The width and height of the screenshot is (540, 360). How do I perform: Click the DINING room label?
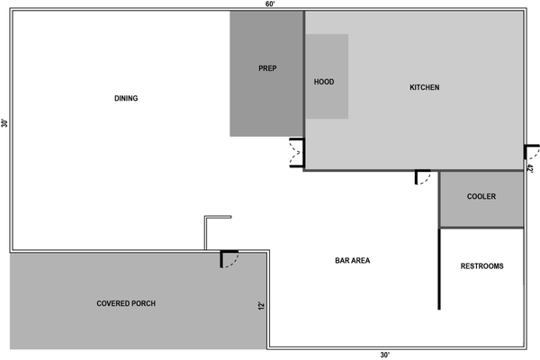point(126,98)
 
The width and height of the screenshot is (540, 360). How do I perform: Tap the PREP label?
point(267,68)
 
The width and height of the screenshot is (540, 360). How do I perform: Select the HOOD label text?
point(324,82)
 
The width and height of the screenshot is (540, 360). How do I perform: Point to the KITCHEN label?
point(424,87)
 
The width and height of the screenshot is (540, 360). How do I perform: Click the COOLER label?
point(481,196)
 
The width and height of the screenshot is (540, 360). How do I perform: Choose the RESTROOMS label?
point(482,266)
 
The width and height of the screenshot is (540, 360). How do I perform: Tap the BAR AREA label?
point(353,260)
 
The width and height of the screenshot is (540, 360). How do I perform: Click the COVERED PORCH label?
point(126,303)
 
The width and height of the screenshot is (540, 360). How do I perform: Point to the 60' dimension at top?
point(270,4)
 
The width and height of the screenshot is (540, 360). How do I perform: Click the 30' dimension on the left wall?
point(4,123)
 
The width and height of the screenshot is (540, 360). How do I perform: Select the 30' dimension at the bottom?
point(385,355)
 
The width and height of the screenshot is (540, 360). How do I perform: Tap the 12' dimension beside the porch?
point(261,306)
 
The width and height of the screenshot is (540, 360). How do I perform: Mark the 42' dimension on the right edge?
point(530,169)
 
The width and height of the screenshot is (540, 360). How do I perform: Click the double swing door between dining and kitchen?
point(297,153)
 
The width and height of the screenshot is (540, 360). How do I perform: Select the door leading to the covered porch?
point(229,258)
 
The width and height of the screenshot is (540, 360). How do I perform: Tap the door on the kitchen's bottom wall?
point(422,177)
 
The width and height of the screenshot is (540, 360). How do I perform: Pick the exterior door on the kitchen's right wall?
point(531,152)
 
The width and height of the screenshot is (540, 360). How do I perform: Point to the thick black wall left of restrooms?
point(439,269)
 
